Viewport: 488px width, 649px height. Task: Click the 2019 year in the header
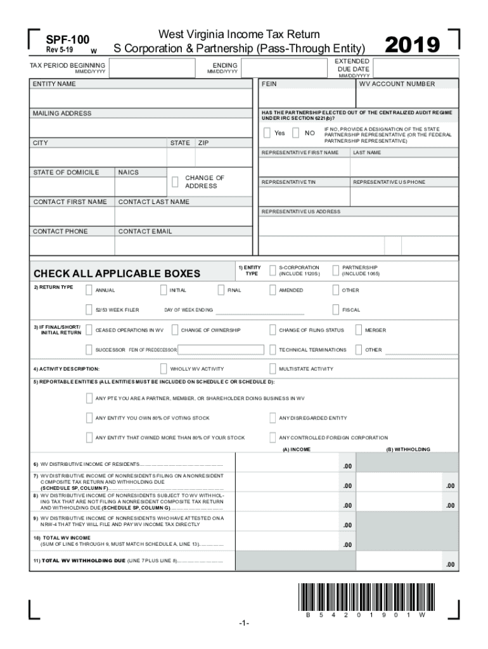tap(413, 45)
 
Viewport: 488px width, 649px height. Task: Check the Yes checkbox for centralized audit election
tap(267, 133)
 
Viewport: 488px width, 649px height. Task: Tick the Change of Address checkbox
tap(175, 182)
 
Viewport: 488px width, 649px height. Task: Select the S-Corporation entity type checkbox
tap(273, 271)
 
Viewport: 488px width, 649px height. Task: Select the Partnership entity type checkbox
tap(335, 271)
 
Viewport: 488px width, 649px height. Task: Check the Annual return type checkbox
tap(89, 290)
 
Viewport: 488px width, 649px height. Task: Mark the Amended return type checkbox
tap(273, 290)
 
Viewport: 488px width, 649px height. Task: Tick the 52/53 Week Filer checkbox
tap(89, 310)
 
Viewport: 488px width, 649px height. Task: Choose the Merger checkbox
tap(359, 330)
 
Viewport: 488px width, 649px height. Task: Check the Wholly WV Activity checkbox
tap(164, 369)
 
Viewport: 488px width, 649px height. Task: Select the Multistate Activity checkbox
tap(273, 369)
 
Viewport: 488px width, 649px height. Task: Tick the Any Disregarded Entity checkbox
tap(273, 418)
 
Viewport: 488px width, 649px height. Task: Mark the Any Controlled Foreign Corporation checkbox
tap(273, 437)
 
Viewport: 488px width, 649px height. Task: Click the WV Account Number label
tap(397, 84)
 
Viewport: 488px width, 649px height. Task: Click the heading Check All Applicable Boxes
tap(117, 274)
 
